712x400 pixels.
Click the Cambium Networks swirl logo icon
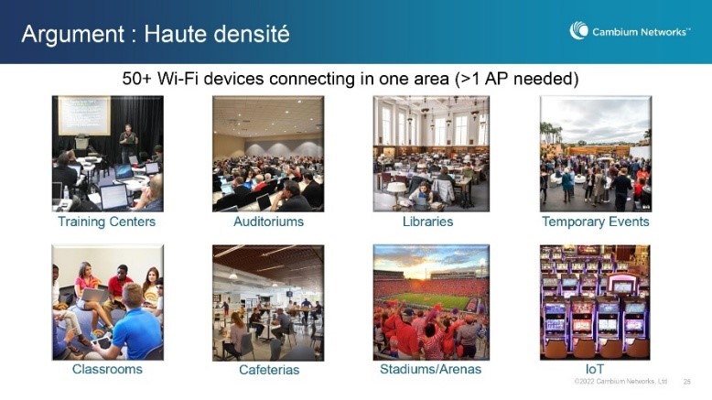579,30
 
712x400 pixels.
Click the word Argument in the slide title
72,35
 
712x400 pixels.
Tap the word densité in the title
248,34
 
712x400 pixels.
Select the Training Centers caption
107,222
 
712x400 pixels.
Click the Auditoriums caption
268,222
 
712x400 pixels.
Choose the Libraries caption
427,222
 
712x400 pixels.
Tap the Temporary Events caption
595,222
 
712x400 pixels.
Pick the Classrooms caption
107,369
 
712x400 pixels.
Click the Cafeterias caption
269,370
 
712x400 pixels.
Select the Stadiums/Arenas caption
430,369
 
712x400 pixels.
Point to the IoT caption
594,369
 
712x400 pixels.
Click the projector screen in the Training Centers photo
84,115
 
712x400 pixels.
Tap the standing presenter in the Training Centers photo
128,143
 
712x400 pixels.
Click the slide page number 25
687,382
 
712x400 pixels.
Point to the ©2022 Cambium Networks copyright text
620,382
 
